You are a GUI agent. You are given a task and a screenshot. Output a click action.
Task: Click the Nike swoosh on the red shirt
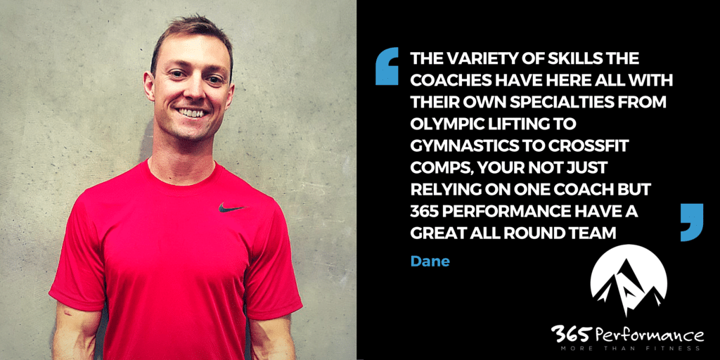pos(231,208)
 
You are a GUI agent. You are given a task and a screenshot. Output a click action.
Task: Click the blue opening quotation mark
pos(387,66)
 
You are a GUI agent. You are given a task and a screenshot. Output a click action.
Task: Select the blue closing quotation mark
pos(692,222)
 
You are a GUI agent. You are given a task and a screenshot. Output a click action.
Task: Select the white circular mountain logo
pos(628,281)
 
